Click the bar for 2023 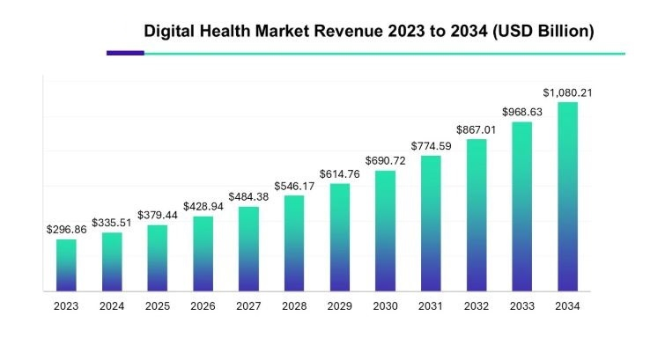(x=66, y=265)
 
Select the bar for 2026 (x=203, y=253)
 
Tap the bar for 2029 (x=340, y=237)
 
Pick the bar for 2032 (x=477, y=215)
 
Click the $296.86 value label (x=66, y=229)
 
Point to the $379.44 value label (x=158, y=215)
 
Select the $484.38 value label (x=248, y=196)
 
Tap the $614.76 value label (x=340, y=173)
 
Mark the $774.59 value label (x=431, y=146)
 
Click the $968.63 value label (x=522, y=112)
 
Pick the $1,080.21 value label (x=567, y=92)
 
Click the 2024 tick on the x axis (x=112, y=306)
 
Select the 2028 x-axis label (x=294, y=306)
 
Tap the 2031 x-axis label (x=431, y=306)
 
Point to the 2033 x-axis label (x=522, y=306)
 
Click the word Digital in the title (x=168, y=31)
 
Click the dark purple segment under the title (x=125, y=53)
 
